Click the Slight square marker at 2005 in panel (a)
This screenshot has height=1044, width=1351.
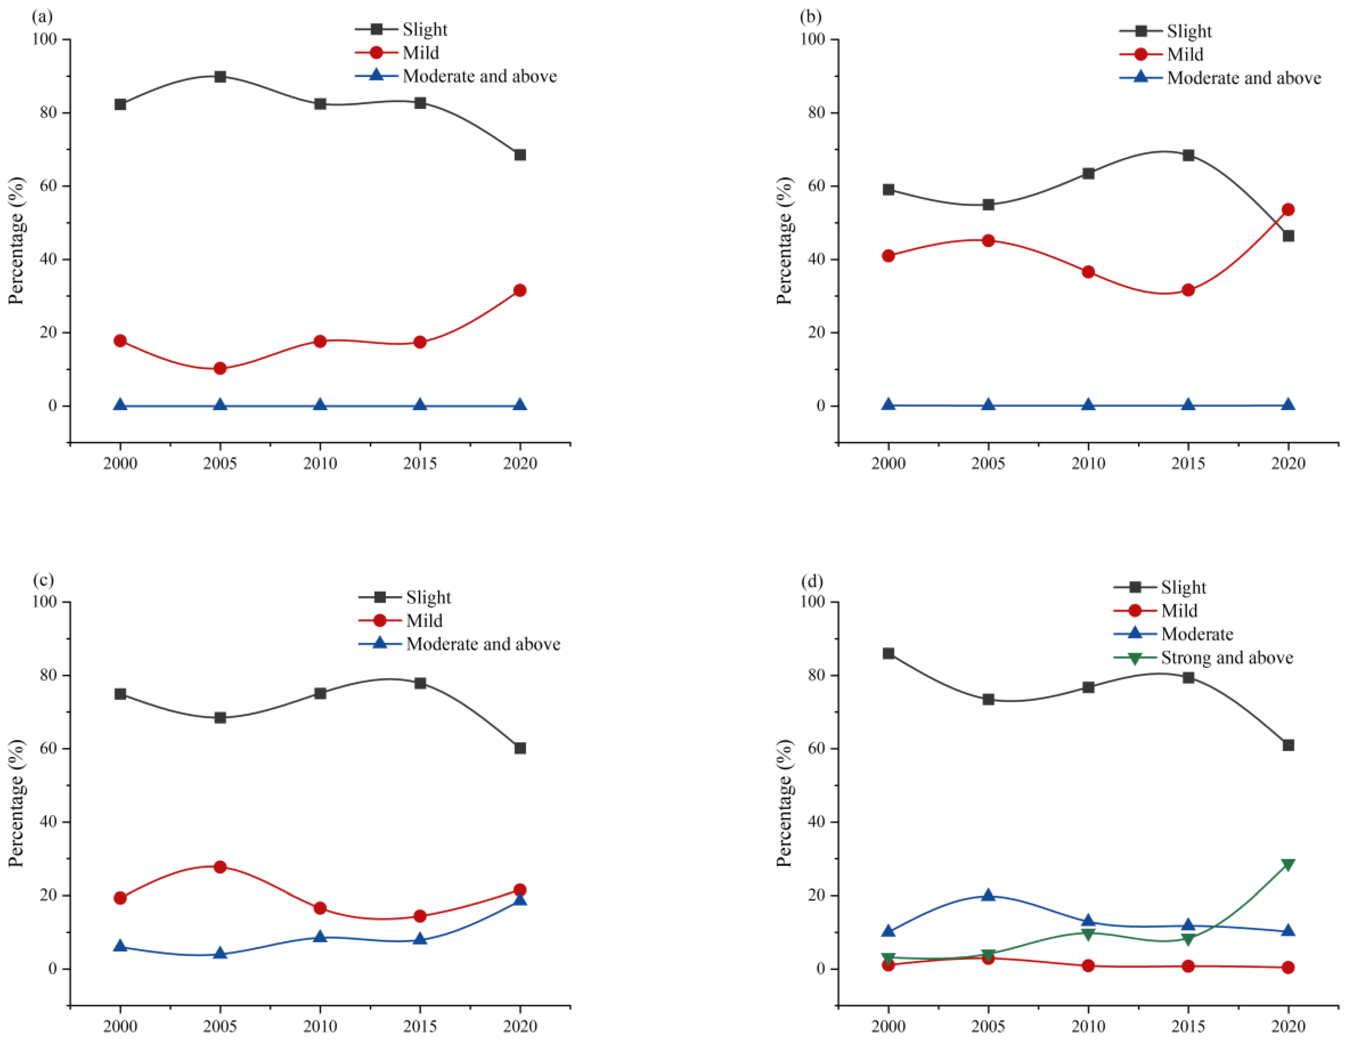point(220,77)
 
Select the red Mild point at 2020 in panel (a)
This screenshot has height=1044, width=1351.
point(520,290)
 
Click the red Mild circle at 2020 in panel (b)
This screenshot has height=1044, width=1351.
point(1288,210)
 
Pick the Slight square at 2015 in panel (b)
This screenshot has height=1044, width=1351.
point(1188,155)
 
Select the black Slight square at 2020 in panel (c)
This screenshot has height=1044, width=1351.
point(520,748)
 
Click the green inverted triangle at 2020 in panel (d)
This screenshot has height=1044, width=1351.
point(1288,864)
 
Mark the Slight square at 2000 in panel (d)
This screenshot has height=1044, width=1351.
point(888,653)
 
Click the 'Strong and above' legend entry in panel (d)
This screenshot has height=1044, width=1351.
point(1227,658)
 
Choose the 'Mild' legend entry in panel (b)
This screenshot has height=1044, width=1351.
point(1184,55)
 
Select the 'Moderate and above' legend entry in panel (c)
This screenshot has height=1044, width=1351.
point(483,644)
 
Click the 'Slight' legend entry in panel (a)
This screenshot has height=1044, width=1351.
point(425,30)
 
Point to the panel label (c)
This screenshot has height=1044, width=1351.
point(43,580)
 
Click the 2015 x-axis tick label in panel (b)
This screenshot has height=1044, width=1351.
point(1188,463)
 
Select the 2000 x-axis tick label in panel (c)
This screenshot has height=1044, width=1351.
point(120,1026)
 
